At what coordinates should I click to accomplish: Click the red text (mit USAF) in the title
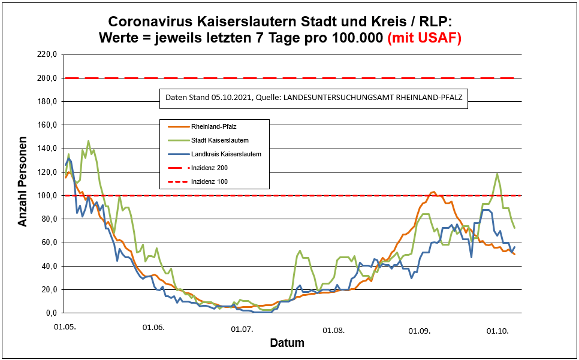point(424,38)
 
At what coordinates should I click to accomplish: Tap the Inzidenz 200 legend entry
point(209,168)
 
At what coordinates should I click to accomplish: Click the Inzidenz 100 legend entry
point(209,181)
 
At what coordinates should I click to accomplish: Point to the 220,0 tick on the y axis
point(47,55)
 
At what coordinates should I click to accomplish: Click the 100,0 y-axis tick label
point(47,195)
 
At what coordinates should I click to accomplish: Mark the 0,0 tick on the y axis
point(51,313)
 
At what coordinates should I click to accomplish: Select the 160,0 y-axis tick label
point(47,125)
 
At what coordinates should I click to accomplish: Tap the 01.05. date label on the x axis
point(65,329)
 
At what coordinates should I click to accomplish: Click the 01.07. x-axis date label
point(243,329)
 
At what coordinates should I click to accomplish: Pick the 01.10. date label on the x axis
point(497,330)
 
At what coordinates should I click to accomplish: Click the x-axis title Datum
point(287,343)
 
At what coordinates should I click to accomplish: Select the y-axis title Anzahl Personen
point(23,184)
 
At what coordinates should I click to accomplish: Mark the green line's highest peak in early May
point(88,141)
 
